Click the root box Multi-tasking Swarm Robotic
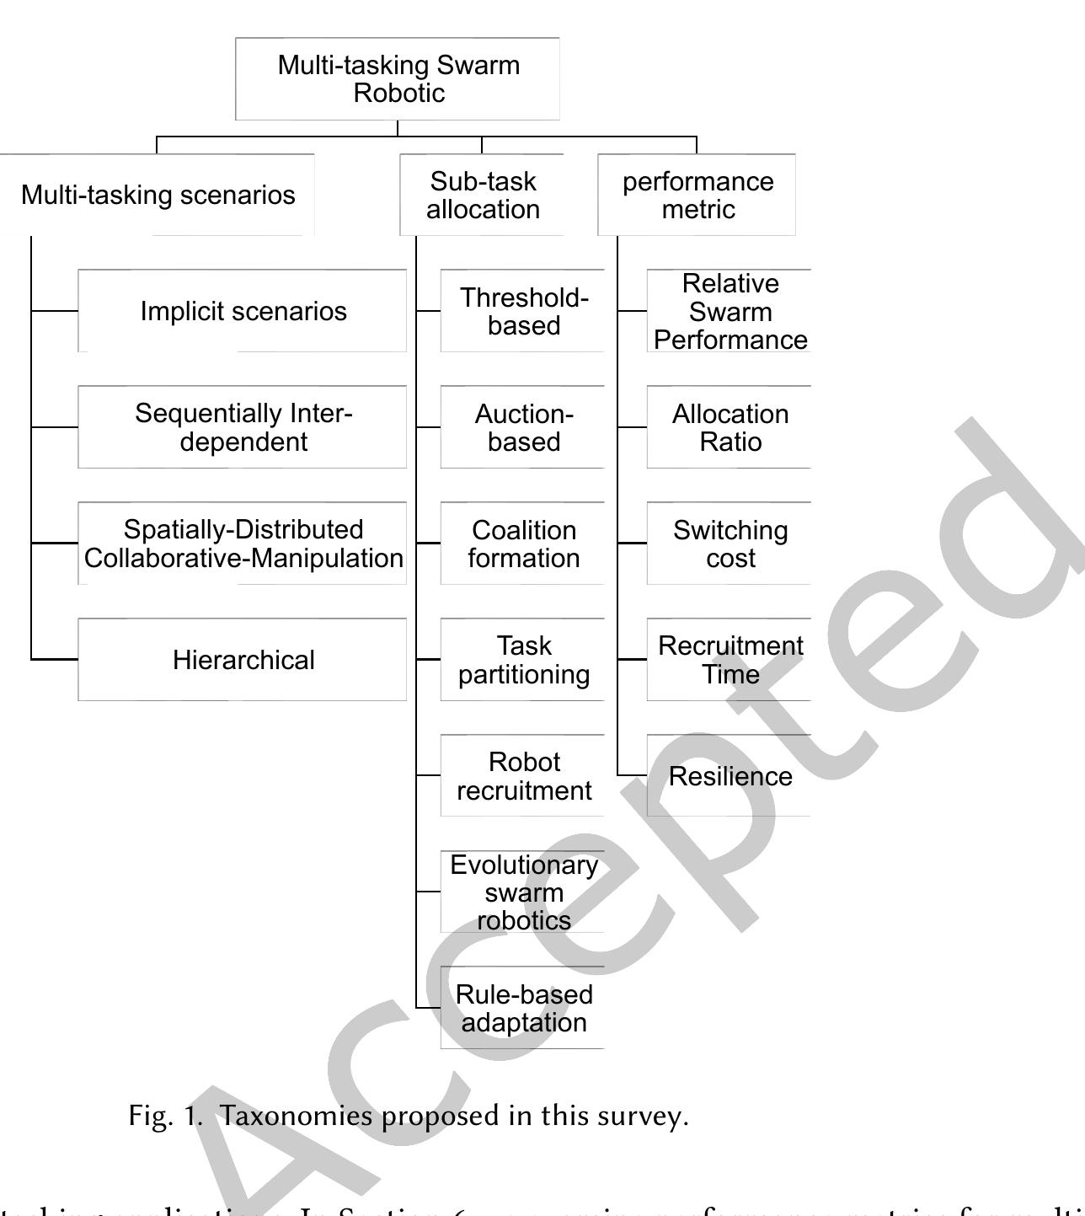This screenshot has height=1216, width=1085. (398, 78)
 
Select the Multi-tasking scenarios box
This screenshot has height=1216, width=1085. (158, 195)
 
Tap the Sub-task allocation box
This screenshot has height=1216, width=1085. (483, 195)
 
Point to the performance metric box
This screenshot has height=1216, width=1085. (697, 195)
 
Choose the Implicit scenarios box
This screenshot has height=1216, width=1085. (243, 311)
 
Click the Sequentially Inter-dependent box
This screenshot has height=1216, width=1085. (243, 427)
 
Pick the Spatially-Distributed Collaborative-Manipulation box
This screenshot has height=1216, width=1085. (243, 544)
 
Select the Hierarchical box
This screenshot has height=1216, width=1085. (243, 660)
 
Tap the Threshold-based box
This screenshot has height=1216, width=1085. (523, 311)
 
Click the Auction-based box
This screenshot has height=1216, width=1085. (523, 427)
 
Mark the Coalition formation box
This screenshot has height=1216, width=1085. (523, 544)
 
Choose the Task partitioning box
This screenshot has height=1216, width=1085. (523, 660)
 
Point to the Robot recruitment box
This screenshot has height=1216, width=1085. (523, 776)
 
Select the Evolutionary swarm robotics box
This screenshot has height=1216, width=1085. (523, 892)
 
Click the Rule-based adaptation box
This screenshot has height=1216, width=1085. (523, 1008)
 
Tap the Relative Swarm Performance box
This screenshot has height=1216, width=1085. (730, 311)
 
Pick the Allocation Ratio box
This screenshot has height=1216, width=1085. (730, 427)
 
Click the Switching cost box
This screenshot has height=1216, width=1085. (730, 544)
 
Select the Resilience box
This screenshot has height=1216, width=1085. (730, 776)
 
